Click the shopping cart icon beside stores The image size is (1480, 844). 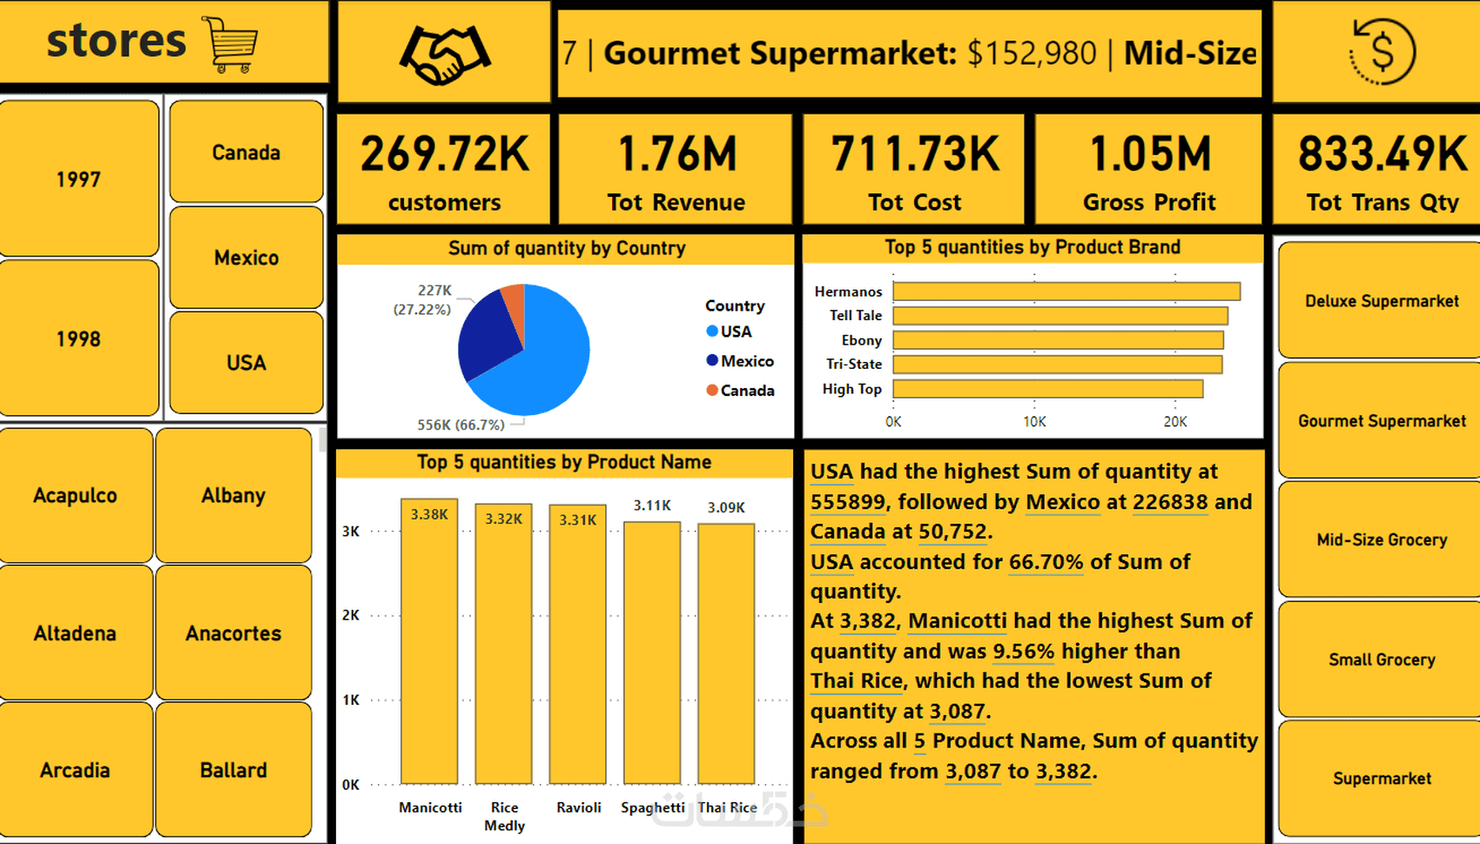[x=231, y=44]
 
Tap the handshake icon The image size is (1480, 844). [x=445, y=55]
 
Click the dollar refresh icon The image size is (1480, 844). [x=1382, y=51]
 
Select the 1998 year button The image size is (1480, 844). [x=79, y=338]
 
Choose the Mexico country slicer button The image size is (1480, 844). [x=246, y=258]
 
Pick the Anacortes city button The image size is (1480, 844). [x=233, y=633]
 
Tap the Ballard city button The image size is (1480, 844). [x=233, y=769]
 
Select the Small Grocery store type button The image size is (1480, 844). [x=1382, y=659]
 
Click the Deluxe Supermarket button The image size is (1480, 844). [x=1382, y=300]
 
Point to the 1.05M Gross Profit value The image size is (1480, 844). [x=1149, y=154]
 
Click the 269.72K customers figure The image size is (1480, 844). [x=444, y=154]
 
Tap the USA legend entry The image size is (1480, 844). [x=736, y=332]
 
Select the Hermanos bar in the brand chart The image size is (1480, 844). [x=1066, y=291]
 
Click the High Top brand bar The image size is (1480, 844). [x=1047, y=389]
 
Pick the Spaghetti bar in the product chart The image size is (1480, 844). [x=652, y=653]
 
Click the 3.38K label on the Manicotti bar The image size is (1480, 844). [x=429, y=514]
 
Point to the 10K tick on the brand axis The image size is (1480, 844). [x=1034, y=421]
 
